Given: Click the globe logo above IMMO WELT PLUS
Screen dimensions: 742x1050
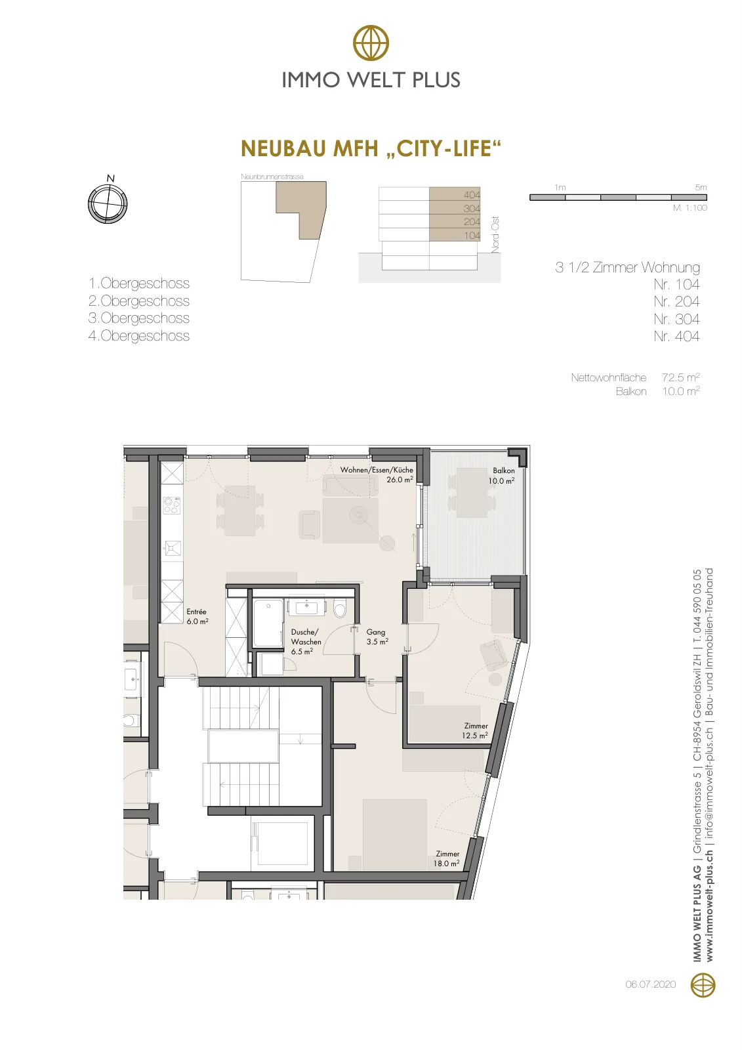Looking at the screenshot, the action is click(371, 43).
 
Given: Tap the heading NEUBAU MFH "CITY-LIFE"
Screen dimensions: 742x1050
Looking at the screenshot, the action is click(371, 148).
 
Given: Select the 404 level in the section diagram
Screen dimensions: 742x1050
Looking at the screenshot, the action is click(455, 194).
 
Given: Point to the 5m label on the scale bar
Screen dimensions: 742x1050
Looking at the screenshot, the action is click(701, 188).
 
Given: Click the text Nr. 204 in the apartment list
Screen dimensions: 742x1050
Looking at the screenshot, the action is click(676, 301).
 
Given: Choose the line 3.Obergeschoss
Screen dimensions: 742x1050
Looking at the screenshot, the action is click(138, 318).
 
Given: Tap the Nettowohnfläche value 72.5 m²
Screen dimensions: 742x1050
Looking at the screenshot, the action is click(680, 377).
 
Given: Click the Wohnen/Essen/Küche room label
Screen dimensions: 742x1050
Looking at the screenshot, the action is click(377, 474).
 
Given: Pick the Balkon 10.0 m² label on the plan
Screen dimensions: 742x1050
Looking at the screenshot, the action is click(502, 475).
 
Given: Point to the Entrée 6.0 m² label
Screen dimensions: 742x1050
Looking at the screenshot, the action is click(197, 616).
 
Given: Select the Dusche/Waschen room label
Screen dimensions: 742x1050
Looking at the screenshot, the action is click(305, 642).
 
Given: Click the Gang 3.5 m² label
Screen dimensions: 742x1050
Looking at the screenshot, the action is click(377, 637).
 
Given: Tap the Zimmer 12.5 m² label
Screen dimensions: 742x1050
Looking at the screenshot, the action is click(475, 730).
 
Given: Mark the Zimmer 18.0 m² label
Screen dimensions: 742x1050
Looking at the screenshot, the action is click(447, 858).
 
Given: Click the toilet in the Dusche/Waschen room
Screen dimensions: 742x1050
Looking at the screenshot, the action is click(340, 609).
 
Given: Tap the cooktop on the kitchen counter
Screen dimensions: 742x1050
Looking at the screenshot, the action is click(171, 505).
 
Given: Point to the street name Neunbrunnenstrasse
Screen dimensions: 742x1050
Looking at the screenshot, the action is click(272, 177).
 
